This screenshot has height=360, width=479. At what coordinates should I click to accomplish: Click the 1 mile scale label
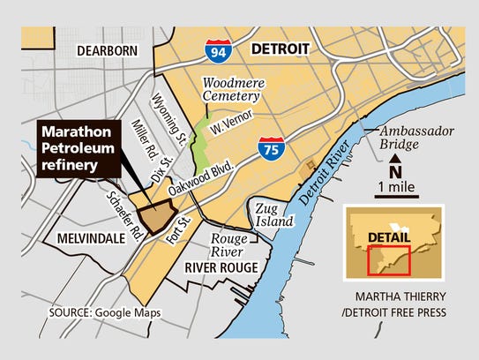pyautogui.click(x=396, y=188)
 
